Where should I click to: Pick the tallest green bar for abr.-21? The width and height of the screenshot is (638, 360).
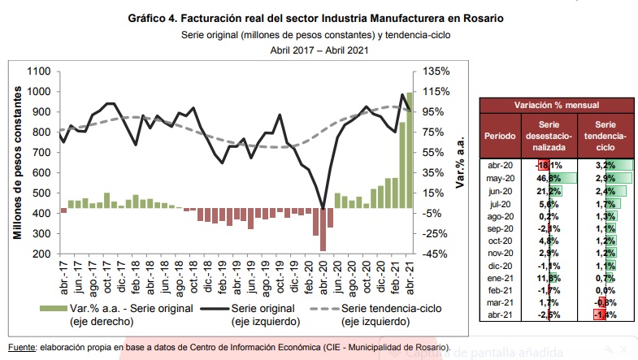pos(410,151)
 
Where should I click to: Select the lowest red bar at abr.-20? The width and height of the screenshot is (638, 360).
pos(323,231)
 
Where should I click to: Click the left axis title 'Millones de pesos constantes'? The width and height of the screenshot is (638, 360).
pos(17,163)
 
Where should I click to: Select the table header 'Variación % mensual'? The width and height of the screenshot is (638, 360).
pos(556,106)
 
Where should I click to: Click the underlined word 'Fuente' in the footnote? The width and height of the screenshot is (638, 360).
pos(23,347)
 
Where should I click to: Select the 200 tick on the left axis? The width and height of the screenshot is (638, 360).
pos(40,254)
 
